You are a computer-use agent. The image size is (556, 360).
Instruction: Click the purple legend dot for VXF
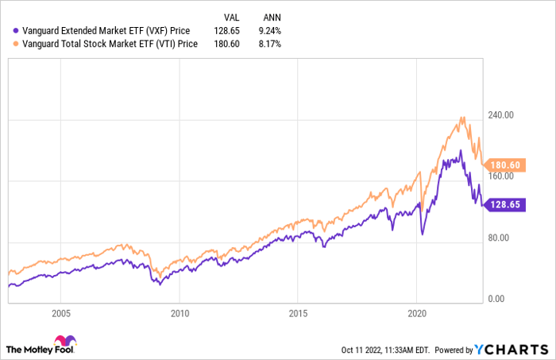(16, 31)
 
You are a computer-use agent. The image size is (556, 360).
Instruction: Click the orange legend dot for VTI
(16, 44)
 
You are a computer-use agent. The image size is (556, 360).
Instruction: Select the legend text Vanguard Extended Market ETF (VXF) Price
(106, 31)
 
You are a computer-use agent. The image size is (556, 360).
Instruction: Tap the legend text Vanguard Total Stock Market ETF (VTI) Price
(110, 44)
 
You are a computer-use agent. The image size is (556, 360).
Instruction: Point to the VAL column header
(232, 17)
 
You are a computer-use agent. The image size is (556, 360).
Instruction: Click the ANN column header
(272, 17)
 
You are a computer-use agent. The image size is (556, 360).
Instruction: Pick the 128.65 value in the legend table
(226, 31)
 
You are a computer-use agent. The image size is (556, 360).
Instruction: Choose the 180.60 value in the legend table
(226, 44)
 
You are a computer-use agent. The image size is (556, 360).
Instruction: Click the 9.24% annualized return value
(270, 31)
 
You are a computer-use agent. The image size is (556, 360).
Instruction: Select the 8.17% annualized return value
(270, 44)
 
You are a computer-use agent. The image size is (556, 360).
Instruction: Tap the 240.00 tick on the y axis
(500, 115)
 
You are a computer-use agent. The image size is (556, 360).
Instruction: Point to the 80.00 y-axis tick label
(499, 238)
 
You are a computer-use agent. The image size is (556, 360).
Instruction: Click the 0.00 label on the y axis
(496, 299)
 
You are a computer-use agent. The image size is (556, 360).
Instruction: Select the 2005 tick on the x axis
(61, 314)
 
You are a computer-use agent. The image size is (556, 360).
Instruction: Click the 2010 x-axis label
(180, 314)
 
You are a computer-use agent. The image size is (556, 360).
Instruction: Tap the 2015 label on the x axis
(298, 314)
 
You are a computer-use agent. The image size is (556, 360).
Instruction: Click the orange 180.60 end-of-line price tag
(504, 165)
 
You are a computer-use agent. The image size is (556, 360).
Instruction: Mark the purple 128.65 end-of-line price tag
(504, 205)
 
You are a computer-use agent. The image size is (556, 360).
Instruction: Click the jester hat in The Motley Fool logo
(65, 340)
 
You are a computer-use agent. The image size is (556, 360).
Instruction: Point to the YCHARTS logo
(512, 350)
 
